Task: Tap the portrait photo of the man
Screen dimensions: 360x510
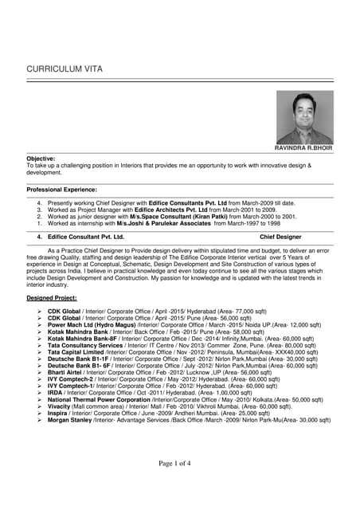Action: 303,116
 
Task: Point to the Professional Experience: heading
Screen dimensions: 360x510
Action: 61,190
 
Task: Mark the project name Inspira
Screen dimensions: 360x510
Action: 58,413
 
